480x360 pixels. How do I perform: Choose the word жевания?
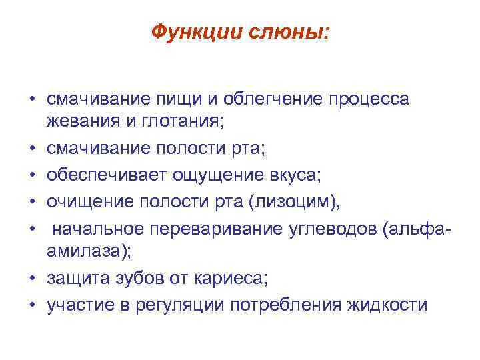click(x=77, y=122)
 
